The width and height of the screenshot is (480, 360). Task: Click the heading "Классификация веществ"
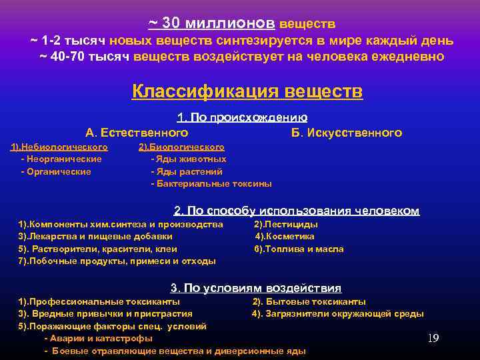tap(247, 91)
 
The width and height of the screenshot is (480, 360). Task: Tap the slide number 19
tap(433, 339)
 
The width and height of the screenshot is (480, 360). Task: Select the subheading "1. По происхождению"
tap(242, 118)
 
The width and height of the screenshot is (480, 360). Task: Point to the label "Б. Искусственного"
tap(346, 133)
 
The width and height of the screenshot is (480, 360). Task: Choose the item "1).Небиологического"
tap(59, 147)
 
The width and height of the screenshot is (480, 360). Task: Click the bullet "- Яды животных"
tap(189, 159)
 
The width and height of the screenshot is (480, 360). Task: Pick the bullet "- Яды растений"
tap(186, 171)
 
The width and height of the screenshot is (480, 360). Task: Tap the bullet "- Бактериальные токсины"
tap(211, 183)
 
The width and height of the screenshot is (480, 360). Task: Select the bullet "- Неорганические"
tap(61, 159)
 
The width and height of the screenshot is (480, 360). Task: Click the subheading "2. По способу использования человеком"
tap(297, 211)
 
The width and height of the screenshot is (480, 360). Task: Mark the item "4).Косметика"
tap(285, 237)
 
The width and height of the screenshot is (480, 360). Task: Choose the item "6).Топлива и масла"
tap(299, 249)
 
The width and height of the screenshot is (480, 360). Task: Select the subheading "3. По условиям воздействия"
tap(256, 288)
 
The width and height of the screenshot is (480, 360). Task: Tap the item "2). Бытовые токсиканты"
tap(309, 302)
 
